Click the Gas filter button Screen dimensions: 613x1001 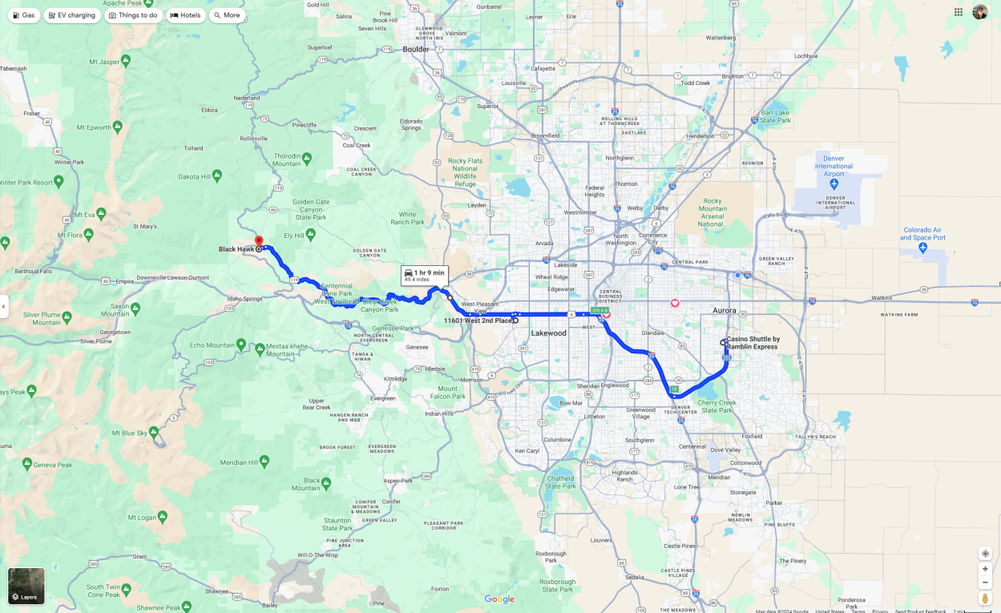(x=23, y=15)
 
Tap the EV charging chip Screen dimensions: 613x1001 (x=71, y=15)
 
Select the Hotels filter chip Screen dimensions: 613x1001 (x=186, y=15)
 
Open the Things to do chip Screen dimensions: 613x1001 (x=133, y=15)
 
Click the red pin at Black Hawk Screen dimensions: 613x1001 (x=259, y=241)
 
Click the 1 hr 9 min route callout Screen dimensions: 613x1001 (x=425, y=276)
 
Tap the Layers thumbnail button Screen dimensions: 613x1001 (x=26, y=586)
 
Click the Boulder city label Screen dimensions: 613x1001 (x=416, y=50)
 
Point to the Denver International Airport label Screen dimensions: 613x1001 (x=833, y=166)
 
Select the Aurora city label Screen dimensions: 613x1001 (x=724, y=310)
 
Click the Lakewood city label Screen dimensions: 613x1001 (x=548, y=333)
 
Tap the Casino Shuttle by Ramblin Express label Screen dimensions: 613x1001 (x=753, y=343)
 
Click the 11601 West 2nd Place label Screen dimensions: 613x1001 (x=478, y=321)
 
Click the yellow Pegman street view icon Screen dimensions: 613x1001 (x=985, y=598)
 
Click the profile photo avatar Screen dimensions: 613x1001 (x=979, y=12)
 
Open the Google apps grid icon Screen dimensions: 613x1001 (x=959, y=12)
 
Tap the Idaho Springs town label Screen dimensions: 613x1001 (x=244, y=299)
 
